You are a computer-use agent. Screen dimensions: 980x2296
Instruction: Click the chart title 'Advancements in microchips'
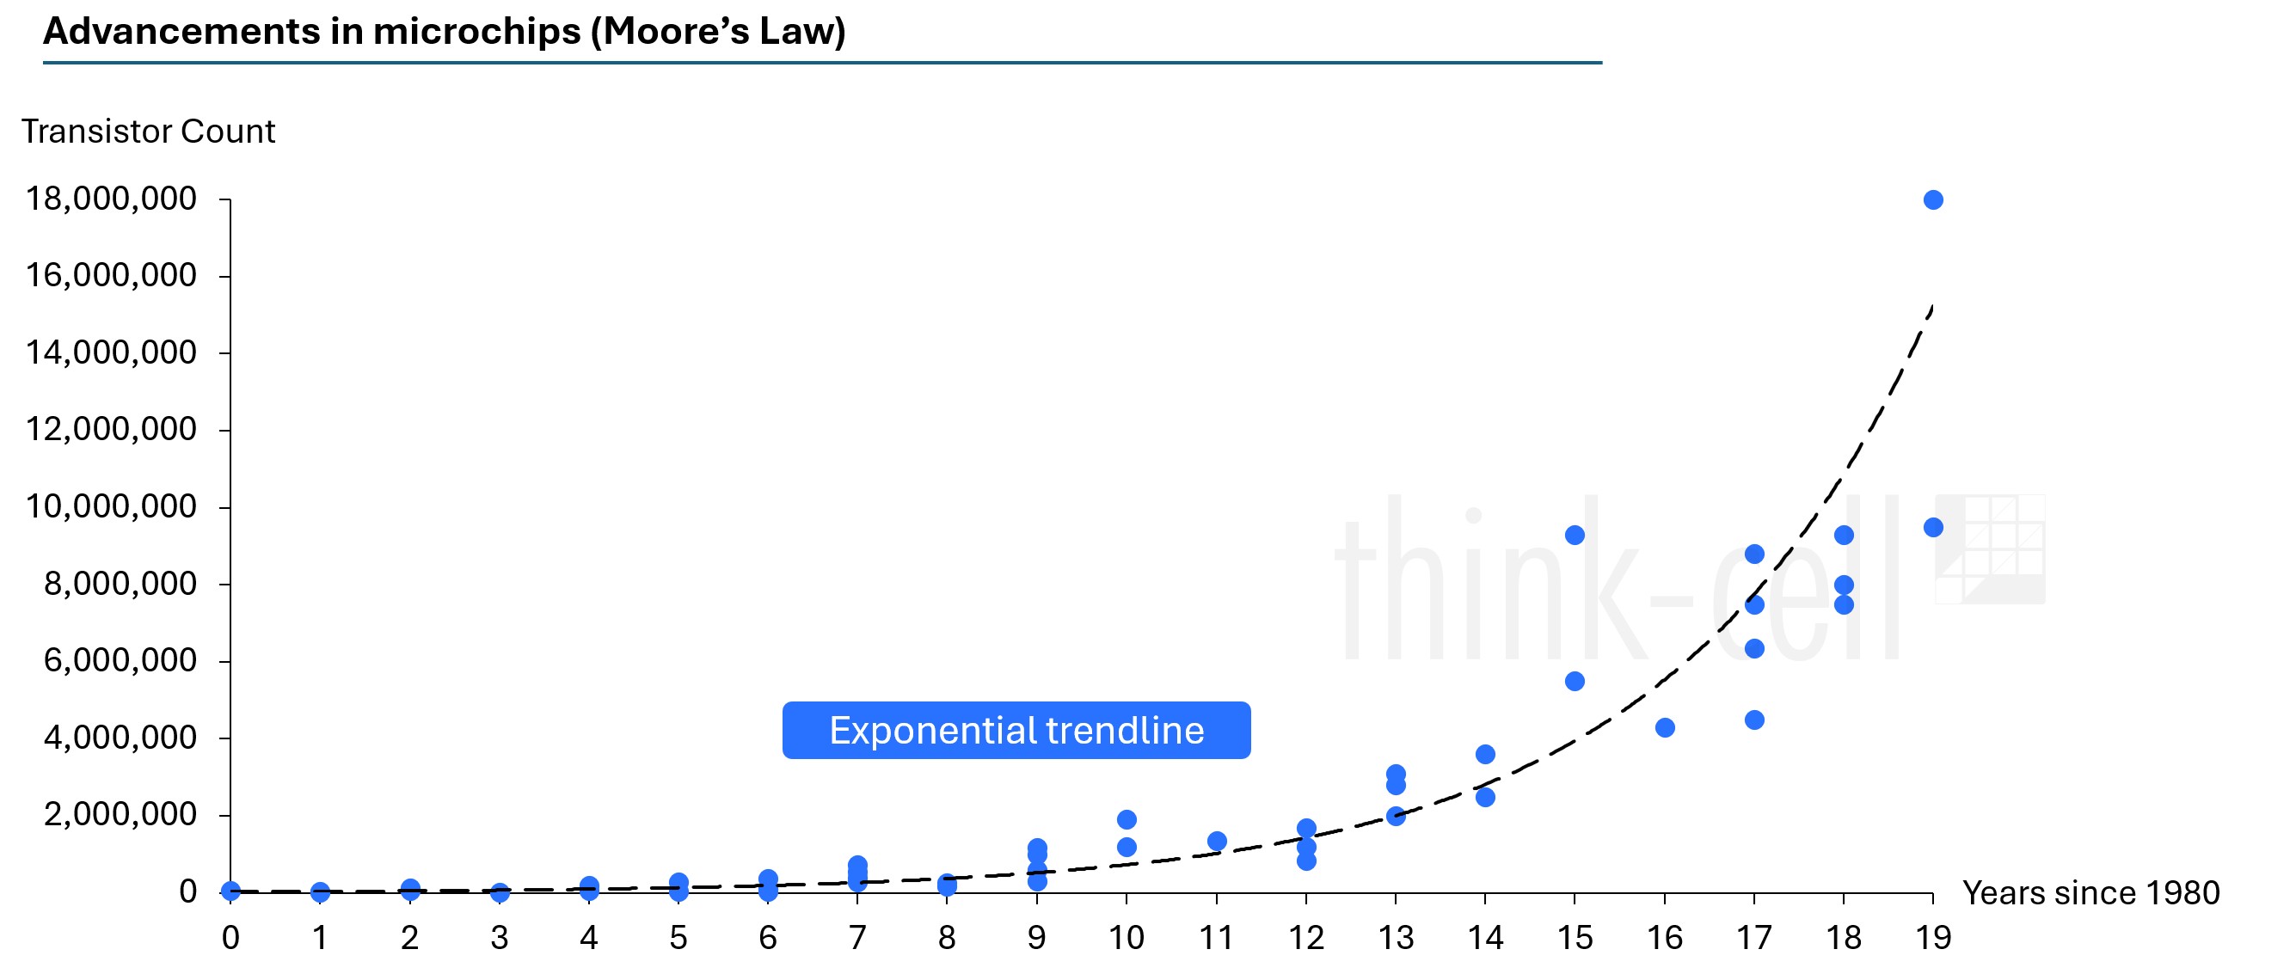tap(444, 32)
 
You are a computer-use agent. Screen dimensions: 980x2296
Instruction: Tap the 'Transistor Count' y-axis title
tap(148, 132)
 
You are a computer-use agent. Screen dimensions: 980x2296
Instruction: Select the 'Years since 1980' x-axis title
tap(2090, 892)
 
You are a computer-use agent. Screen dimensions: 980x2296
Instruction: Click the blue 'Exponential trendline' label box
tap(1016, 731)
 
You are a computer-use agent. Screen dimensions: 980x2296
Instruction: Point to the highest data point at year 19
tap(1933, 199)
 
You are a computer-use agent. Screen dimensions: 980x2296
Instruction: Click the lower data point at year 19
tap(1933, 528)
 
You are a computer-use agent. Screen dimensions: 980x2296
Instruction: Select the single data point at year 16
tap(1665, 728)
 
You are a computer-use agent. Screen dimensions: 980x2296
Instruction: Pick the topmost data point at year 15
tap(1575, 536)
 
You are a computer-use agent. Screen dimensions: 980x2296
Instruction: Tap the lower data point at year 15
tap(1575, 682)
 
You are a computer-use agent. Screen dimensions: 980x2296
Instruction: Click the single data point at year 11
tap(1217, 841)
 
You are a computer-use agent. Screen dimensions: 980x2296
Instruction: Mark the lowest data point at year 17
tap(1754, 720)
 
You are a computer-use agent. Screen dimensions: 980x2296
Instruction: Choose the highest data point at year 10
tap(1127, 819)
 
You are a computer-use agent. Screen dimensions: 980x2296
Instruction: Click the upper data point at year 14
tap(1485, 755)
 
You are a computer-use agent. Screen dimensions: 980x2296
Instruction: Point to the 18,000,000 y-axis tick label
tap(111, 199)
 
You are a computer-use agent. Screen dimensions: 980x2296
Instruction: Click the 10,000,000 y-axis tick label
tap(111, 507)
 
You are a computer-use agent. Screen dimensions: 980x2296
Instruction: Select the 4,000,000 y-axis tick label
tap(120, 738)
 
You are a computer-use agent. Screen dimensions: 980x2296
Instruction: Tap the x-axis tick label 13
tap(1396, 938)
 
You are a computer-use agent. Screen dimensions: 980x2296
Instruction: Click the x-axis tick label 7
tap(857, 938)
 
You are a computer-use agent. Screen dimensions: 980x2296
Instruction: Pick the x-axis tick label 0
tap(230, 938)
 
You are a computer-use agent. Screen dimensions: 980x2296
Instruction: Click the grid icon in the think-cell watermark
tap(1990, 548)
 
